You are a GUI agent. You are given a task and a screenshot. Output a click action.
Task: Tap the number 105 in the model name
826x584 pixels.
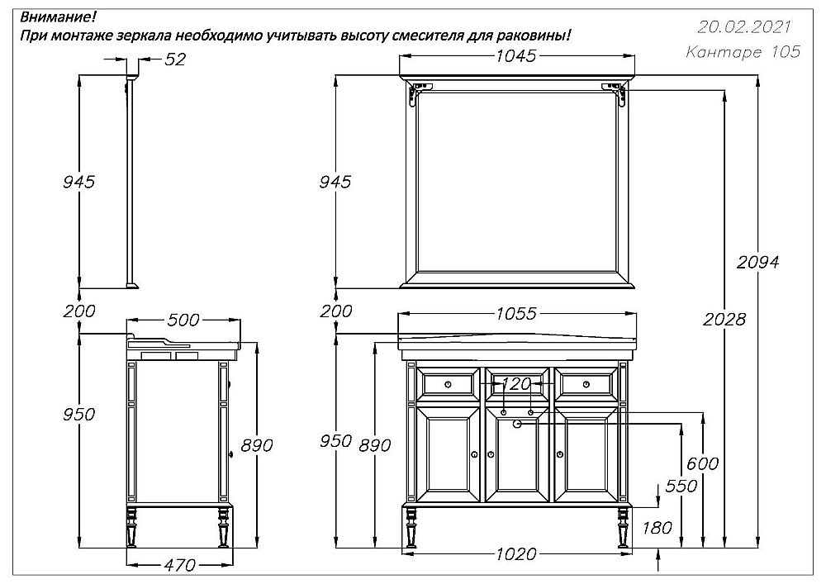(x=784, y=52)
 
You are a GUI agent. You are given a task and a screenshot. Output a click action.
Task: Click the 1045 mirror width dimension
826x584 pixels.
(x=516, y=56)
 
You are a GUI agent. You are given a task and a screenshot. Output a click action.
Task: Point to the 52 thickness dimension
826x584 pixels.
(x=175, y=59)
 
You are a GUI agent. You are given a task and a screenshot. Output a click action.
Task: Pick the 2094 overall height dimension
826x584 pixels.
(x=757, y=262)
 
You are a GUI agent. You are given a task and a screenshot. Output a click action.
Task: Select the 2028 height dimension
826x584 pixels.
(x=725, y=320)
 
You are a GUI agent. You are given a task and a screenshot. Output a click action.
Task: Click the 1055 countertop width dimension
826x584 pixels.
(x=517, y=314)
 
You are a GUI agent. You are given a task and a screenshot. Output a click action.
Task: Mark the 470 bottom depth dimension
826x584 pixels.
(x=179, y=566)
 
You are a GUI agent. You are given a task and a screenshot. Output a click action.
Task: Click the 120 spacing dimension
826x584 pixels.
(x=517, y=384)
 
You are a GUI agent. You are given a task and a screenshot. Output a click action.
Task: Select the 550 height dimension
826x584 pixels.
(x=681, y=487)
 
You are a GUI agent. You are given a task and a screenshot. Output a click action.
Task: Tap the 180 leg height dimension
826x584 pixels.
(x=657, y=528)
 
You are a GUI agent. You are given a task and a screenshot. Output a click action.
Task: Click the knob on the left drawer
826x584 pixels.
(x=449, y=383)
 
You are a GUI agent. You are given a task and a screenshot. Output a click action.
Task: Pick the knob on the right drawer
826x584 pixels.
(x=586, y=383)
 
